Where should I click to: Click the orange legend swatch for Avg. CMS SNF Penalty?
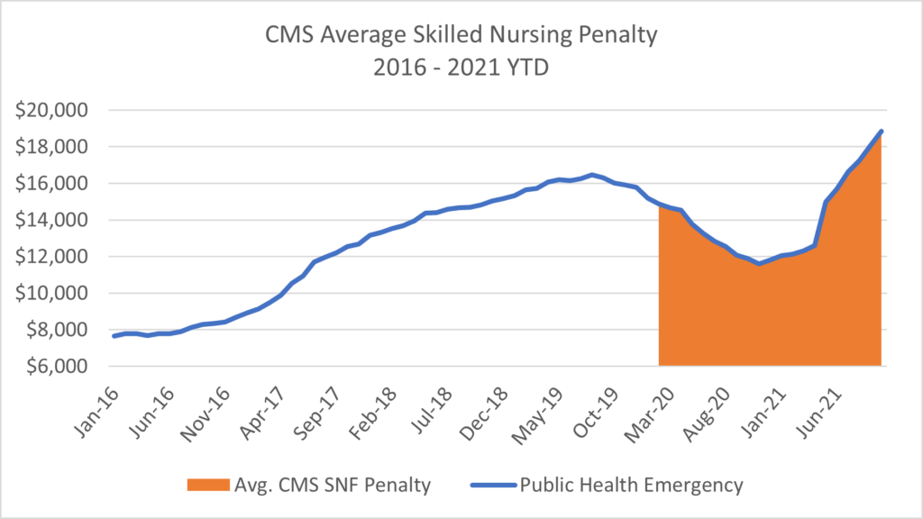pyautogui.click(x=207, y=486)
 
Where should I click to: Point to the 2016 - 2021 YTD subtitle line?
pyautogui.click(x=461, y=69)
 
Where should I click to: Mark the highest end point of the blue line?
pyautogui.click(x=881, y=132)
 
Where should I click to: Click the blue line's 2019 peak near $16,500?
pyautogui.click(x=591, y=175)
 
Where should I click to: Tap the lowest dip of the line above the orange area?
pyautogui.click(x=760, y=263)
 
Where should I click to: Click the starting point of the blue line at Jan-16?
pyautogui.click(x=114, y=336)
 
